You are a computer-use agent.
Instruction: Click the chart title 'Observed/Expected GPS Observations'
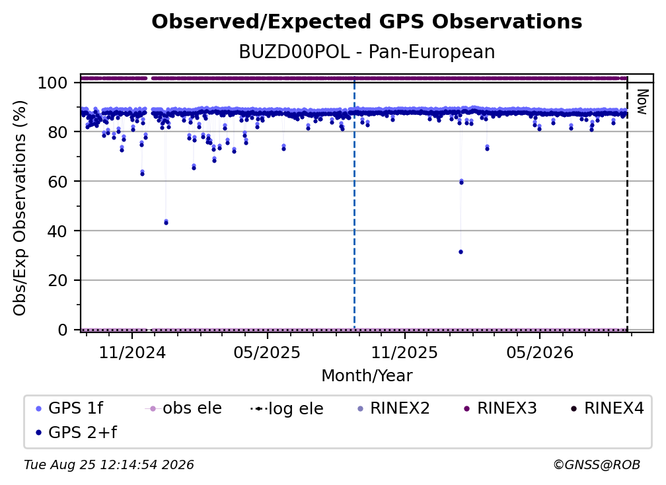point(367,22)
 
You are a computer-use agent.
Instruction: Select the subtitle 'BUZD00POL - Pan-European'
point(367,52)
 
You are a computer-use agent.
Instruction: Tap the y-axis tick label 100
point(52,83)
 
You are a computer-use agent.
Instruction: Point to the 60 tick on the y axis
point(57,182)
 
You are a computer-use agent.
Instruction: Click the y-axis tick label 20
point(57,281)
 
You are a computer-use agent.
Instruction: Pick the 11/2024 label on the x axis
point(132,353)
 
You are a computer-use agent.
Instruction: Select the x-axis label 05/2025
point(267,353)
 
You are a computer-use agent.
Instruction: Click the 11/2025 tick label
point(404,353)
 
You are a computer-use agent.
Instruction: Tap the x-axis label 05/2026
point(539,353)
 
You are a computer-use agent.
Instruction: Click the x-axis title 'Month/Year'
point(367,376)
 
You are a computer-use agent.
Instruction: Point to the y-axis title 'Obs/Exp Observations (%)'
point(20,208)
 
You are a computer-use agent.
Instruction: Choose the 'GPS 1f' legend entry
point(70,408)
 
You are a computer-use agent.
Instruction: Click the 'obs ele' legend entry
point(184,408)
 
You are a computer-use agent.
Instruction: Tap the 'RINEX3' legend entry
point(500,408)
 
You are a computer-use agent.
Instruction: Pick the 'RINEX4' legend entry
point(607,408)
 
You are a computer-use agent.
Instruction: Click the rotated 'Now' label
point(642,102)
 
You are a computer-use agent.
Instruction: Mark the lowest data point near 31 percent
point(461,252)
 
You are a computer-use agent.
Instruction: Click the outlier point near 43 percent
point(166,222)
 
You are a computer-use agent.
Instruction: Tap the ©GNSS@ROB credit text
point(597,465)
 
